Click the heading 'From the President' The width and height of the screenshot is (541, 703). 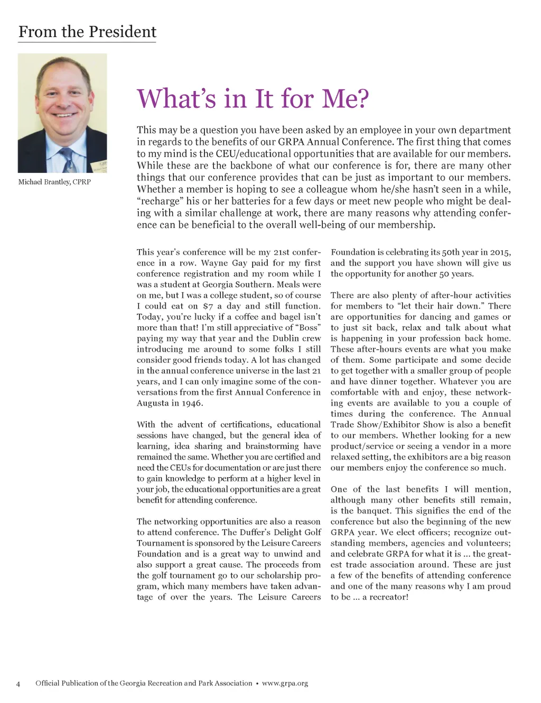(87, 32)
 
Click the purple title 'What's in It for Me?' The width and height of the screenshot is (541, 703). (253, 98)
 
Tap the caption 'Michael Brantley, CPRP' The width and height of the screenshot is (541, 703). (54, 182)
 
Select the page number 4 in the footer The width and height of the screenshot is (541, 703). (18, 684)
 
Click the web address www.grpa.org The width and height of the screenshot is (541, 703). (285, 683)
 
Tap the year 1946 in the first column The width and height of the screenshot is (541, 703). (192, 403)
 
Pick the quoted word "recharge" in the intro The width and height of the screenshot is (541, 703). (159, 201)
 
